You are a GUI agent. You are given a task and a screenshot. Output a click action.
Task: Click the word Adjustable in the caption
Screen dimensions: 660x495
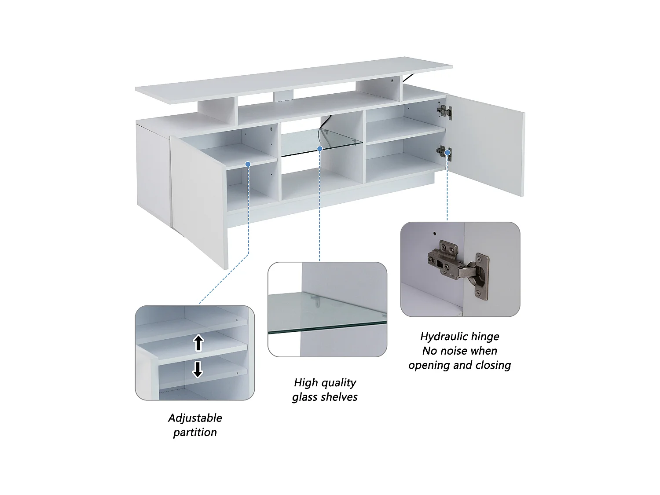click(195, 418)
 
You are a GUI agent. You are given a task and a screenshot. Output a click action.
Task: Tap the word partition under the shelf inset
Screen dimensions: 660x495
click(195, 433)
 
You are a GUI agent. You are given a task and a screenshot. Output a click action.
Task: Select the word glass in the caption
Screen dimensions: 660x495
click(307, 397)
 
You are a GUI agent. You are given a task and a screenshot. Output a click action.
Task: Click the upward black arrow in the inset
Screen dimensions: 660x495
click(198, 343)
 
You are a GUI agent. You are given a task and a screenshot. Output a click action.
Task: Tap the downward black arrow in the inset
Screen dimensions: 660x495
click(198, 369)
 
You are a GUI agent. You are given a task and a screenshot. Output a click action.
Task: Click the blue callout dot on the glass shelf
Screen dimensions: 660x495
click(320, 148)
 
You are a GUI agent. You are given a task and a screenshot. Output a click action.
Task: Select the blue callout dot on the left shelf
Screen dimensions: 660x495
click(248, 164)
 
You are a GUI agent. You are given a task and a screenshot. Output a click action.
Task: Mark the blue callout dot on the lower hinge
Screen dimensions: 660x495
click(447, 153)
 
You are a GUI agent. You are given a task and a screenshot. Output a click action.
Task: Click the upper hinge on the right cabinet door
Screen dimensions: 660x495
click(444, 112)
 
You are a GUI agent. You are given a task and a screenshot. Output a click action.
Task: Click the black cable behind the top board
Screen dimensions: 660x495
click(409, 78)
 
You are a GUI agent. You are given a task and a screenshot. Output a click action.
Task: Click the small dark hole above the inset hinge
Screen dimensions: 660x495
click(434, 233)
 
